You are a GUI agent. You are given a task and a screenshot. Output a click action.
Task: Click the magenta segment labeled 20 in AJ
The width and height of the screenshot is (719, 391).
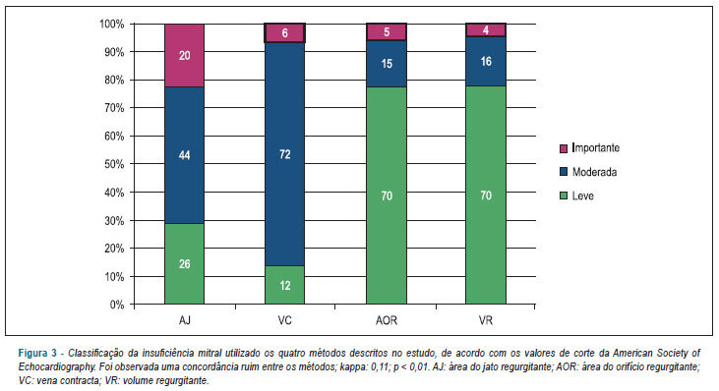[x=184, y=55]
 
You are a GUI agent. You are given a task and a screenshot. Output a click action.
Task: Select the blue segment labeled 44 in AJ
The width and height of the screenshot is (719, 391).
[x=184, y=155]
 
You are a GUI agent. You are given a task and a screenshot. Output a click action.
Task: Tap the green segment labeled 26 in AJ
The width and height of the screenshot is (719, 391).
[x=184, y=263]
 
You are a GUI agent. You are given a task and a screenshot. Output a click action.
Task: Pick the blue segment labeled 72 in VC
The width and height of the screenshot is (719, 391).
[x=285, y=154]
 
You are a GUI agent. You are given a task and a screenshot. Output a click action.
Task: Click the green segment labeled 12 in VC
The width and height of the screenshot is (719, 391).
[x=285, y=285]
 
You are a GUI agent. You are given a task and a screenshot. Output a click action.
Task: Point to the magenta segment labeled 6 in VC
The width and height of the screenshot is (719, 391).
[x=285, y=33]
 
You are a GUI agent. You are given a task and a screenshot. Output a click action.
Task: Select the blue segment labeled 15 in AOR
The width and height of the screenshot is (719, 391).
[x=387, y=64]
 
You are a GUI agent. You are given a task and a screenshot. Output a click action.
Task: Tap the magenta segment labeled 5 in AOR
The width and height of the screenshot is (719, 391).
[x=387, y=32]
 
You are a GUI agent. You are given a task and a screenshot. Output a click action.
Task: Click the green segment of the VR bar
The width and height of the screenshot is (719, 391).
[x=486, y=195]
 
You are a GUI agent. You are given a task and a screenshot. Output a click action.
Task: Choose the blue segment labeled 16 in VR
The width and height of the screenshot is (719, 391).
[x=486, y=61]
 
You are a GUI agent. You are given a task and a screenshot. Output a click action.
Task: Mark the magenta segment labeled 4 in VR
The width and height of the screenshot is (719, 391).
[x=486, y=29]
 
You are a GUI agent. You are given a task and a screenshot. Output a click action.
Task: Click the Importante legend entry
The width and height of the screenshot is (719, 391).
[x=590, y=148]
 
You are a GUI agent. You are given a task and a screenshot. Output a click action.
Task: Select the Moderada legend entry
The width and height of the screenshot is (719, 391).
[x=588, y=172]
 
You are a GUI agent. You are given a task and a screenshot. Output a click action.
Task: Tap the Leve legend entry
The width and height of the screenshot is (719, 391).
[x=576, y=195]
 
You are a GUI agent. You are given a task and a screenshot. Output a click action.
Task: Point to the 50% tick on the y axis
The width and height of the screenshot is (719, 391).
[x=132, y=164]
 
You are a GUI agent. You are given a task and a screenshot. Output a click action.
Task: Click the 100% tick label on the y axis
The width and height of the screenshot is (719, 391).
[x=112, y=24]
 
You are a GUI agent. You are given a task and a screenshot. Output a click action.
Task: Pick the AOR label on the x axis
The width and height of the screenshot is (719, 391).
[x=387, y=320]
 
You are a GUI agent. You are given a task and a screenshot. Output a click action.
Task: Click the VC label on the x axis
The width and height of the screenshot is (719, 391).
[x=285, y=320]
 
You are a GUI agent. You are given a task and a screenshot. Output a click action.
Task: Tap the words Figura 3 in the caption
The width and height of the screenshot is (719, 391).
[x=37, y=353]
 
